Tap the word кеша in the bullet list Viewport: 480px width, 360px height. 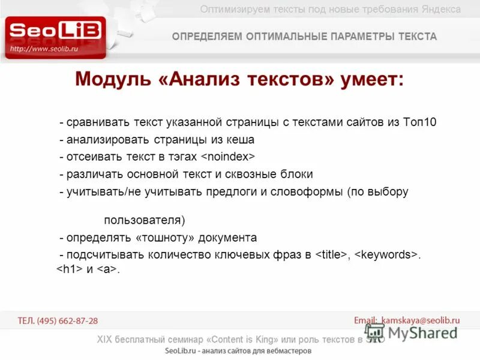[x=241, y=140]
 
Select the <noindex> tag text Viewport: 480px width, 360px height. [x=228, y=157]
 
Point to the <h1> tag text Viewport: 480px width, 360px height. [x=70, y=269]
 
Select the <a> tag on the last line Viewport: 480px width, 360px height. [x=107, y=269]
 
